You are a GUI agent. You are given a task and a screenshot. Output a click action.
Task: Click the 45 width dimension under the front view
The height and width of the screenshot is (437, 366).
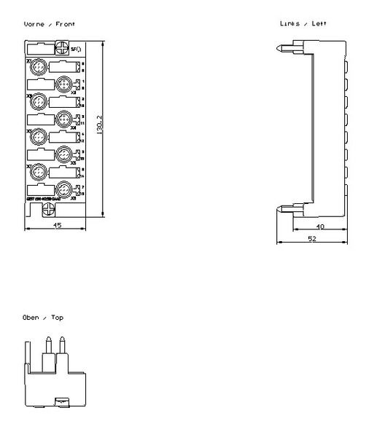[57, 225]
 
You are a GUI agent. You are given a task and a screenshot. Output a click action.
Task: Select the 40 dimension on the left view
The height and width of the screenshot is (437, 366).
[320, 227]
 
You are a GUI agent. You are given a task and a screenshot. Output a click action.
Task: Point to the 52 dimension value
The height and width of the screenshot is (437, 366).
[311, 239]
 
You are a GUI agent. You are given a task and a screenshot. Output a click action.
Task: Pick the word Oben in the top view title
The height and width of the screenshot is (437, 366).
[32, 318]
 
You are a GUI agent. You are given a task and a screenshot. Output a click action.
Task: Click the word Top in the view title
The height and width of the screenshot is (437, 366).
[57, 318]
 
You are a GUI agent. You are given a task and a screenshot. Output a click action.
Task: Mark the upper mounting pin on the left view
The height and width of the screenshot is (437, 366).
[284, 50]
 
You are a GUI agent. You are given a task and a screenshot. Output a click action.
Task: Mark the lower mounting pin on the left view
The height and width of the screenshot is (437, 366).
[284, 210]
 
